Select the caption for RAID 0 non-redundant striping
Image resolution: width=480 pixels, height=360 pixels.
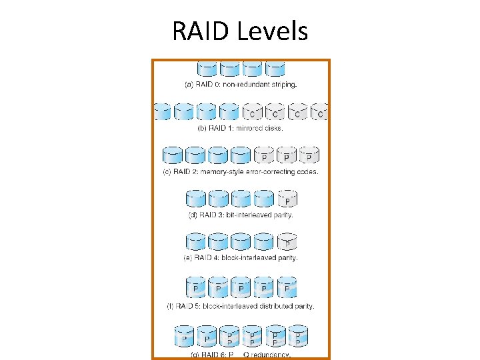point(240,85)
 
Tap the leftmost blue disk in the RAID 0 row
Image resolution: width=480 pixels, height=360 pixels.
point(207,69)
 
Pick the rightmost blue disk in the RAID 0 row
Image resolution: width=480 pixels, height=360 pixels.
point(275,69)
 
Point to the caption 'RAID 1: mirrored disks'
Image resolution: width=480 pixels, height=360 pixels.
point(241,128)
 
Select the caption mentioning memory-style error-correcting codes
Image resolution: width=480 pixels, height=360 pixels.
point(241,171)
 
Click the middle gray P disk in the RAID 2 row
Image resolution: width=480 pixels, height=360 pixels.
point(286,155)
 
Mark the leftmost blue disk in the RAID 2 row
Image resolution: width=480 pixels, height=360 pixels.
point(173,155)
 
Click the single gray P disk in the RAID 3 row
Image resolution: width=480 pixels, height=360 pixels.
point(287,199)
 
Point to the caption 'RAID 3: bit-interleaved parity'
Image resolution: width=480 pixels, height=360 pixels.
point(241,215)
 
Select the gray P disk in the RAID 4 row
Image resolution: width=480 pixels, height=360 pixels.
point(287,242)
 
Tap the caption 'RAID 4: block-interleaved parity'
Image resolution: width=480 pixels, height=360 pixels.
point(241,257)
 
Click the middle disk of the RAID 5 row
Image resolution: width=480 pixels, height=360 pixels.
point(241,287)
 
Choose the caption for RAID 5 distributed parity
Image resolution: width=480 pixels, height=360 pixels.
point(241,306)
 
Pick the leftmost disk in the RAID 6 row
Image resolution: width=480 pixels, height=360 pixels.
point(184,336)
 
